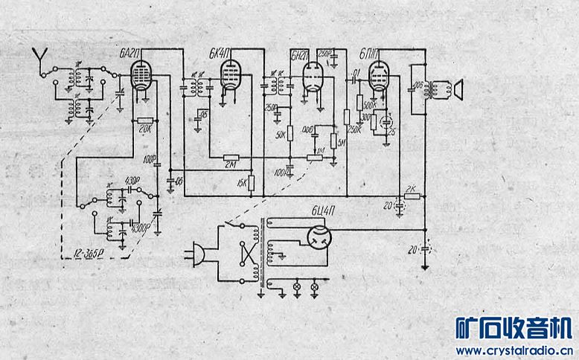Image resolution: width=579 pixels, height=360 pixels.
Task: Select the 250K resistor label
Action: (354, 130)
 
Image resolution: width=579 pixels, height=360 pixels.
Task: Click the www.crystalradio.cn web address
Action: (513, 350)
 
